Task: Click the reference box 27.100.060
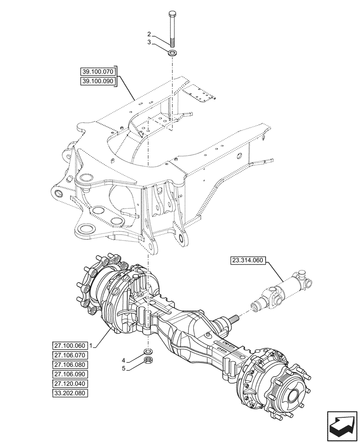tap(70, 346)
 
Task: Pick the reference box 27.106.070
tap(70, 355)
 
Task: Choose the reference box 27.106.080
tap(70, 365)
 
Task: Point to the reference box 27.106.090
tap(70, 374)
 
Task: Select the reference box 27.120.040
tap(70, 384)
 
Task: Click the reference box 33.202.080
tap(70, 393)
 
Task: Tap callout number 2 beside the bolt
tap(149, 34)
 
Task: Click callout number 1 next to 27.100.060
tap(90, 346)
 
